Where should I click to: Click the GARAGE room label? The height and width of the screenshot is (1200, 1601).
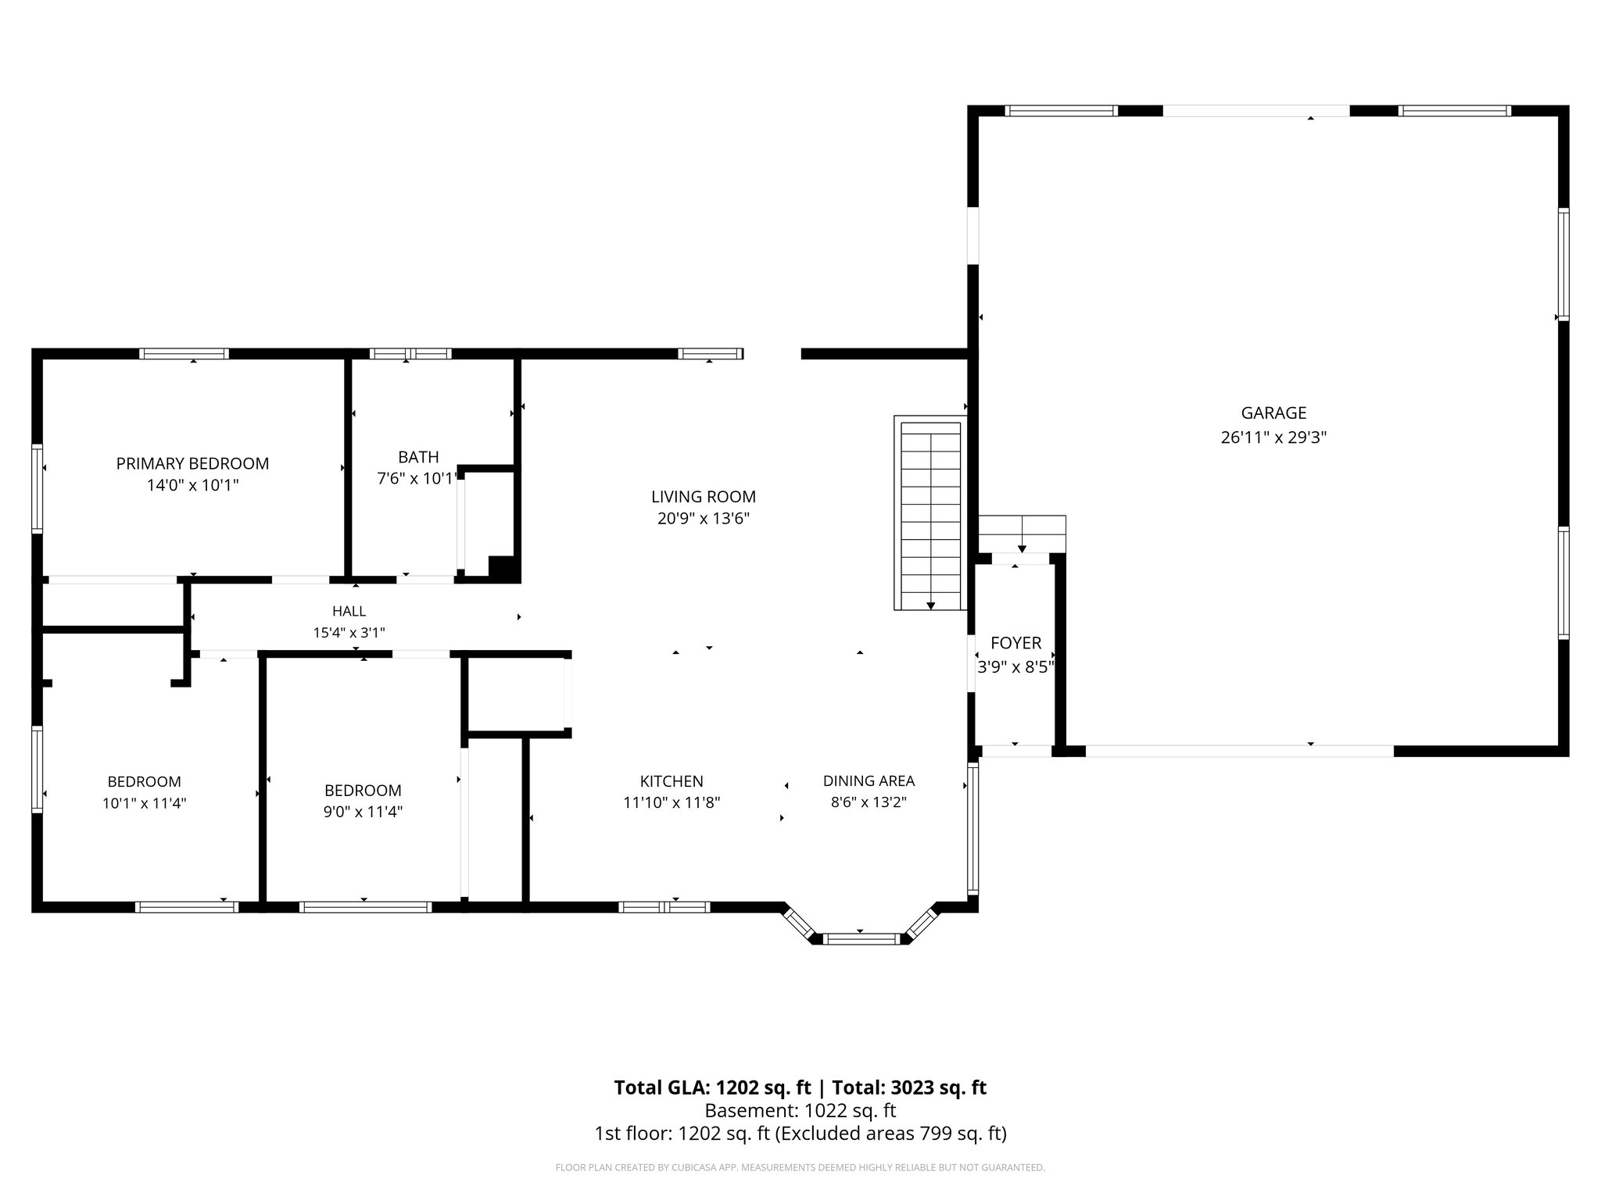point(1273,412)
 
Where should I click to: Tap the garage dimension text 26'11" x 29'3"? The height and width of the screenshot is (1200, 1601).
point(1273,437)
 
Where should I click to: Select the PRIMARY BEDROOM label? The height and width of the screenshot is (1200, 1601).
point(192,463)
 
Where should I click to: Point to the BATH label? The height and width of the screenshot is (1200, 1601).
point(418,457)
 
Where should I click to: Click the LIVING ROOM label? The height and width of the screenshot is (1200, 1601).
point(703,497)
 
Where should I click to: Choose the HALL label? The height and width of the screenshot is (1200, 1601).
point(349,611)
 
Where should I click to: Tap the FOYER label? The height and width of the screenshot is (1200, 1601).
point(1015,643)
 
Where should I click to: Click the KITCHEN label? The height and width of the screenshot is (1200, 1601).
point(671,781)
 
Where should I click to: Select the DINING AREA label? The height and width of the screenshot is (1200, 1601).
point(869,780)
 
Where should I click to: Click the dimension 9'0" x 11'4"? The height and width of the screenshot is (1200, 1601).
point(363,812)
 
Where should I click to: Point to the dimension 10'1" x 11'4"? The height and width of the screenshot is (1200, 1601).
point(144,803)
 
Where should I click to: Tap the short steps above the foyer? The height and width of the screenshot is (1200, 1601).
point(1022,534)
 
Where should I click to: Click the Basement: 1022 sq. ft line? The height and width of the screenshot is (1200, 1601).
point(800,1110)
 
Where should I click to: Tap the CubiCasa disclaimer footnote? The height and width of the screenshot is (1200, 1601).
point(800,1168)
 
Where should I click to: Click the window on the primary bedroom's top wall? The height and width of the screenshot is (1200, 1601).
point(184,354)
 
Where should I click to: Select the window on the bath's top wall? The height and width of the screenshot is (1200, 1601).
point(410,354)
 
